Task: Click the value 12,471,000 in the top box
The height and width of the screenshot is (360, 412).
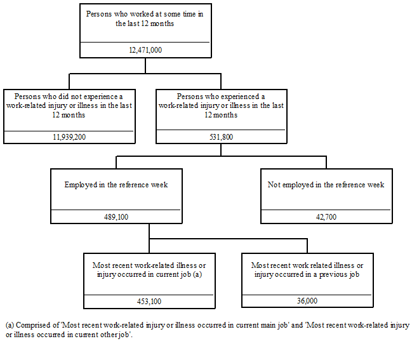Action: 146,49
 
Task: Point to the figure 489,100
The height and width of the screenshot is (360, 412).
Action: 116,217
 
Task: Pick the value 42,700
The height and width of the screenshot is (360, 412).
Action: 326,217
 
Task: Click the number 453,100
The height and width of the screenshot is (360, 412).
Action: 149,302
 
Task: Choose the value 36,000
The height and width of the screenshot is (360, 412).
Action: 307,302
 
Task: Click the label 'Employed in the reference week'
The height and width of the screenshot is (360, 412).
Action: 116,185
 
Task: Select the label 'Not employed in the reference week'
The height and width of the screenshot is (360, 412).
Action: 326,185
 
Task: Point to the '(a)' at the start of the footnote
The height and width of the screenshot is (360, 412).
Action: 10,325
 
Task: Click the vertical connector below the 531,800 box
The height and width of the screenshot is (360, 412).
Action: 221,149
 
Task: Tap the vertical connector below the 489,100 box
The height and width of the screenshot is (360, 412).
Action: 149,231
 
